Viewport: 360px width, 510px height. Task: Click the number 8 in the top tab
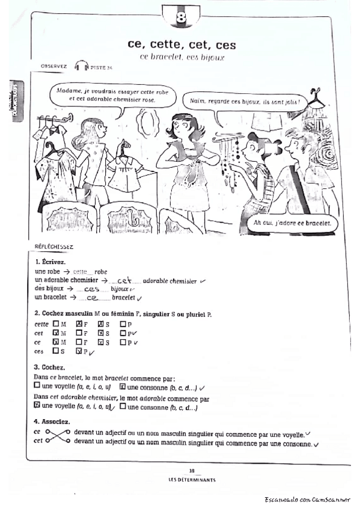[181, 17]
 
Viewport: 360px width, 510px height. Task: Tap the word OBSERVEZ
[53, 66]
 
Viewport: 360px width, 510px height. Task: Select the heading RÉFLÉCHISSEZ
[54, 247]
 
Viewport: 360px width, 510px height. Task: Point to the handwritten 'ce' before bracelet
[93, 297]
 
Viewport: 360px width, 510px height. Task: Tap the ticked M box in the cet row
[56, 333]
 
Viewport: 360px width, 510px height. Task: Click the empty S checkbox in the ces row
[56, 351]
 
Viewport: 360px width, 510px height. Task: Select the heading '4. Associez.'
[53, 422]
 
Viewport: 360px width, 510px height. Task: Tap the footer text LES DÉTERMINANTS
[192, 480]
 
